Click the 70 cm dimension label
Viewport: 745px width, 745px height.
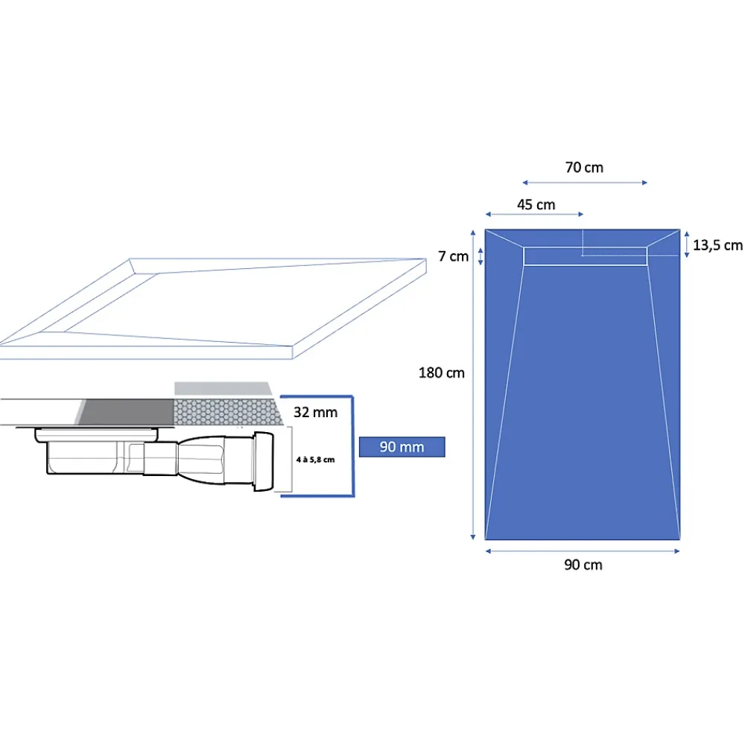pos(584,167)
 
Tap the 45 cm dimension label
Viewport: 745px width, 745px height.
pos(536,205)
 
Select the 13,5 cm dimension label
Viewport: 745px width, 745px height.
pos(717,245)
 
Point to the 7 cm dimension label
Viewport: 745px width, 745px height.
pos(453,256)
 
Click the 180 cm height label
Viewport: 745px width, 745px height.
pos(441,373)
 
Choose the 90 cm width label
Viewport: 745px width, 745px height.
pos(583,565)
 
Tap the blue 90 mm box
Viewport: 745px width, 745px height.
pos(402,447)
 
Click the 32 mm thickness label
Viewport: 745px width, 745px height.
pos(315,412)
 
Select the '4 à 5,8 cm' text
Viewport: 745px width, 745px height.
pos(315,460)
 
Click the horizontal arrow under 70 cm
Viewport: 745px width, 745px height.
pos(585,183)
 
